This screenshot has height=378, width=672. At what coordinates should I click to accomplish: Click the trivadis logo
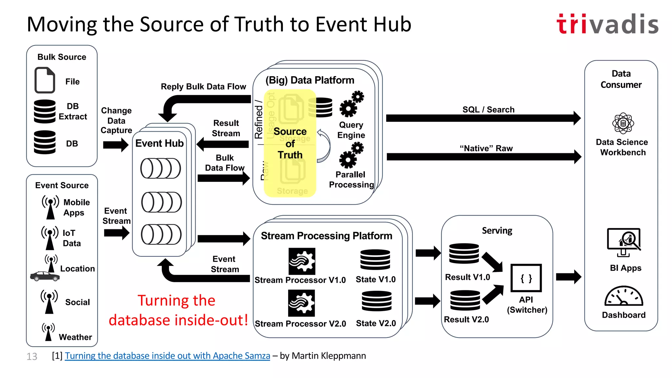(x=607, y=24)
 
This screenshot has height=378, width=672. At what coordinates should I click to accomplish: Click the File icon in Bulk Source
(x=45, y=80)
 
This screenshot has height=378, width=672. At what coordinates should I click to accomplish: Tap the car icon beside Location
(x=45, y=276)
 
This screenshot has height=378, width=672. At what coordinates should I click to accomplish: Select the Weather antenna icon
(x=48, y=332)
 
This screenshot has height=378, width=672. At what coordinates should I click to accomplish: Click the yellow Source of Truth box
(x=290, y=143)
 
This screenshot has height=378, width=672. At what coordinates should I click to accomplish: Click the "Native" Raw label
(x=486, y=148)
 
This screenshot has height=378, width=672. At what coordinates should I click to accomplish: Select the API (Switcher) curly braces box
(x=526, y=278)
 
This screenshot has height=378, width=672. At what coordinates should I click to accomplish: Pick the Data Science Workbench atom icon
(x=623, y=123)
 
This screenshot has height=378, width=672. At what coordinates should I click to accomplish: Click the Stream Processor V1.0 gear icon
(x=302, y=261)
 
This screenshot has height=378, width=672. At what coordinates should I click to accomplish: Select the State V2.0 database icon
(x=376, y=301)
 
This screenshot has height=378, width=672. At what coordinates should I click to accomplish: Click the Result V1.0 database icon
(x=464, y=254)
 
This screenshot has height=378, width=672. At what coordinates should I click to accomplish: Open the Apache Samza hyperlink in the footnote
(x=167, y=356)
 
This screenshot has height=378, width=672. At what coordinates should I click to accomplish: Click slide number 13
(x=32, y=356)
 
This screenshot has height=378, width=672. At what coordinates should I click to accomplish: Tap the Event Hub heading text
(x=159, y=143)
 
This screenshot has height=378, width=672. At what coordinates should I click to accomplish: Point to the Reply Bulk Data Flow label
(x=203, y=87)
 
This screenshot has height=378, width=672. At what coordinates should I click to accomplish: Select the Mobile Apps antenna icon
(x=50, y=207)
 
